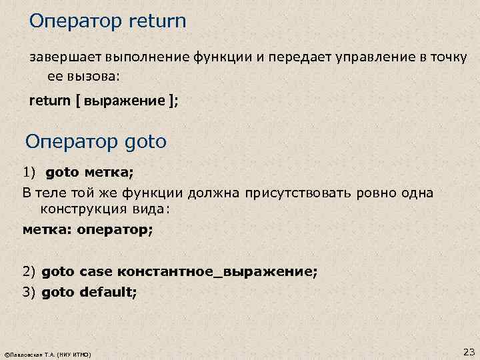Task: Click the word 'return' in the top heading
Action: point(155,21)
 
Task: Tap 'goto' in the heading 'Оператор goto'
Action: point(145,142)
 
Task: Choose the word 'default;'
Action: point(108,291)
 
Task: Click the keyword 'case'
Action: point(97,272)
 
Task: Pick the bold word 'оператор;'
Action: point(115,230)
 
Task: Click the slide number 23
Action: point(467,351)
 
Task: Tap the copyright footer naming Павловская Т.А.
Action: point(48,353)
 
